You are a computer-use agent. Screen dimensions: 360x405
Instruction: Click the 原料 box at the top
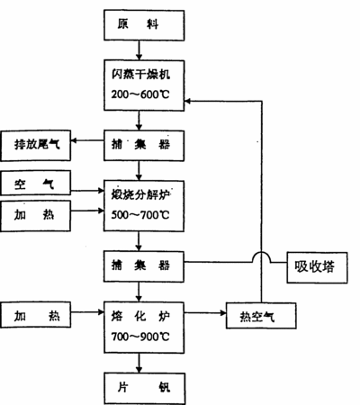click(144, 25)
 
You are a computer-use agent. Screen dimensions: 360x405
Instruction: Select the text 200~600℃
click(140, 94)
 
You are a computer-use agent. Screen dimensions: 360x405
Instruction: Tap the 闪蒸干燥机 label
click(140, 75)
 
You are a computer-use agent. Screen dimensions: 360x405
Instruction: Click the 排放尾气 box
click(36, 146)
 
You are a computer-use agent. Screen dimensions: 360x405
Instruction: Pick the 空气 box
click(36, 183)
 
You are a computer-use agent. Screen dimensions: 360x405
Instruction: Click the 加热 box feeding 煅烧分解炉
click(36, 216)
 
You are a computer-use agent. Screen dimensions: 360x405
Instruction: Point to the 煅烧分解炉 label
click(140, 195)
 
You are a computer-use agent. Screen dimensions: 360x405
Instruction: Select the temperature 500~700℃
click(140, 215)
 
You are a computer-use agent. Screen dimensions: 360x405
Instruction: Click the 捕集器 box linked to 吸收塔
click(144, 266)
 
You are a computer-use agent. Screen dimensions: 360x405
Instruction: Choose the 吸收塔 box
click(317, 267)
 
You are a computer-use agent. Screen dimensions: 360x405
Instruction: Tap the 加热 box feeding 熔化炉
click(36, 315)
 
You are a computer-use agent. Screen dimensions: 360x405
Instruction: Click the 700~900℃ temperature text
click(140, 337)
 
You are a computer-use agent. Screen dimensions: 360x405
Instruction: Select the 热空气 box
click(261, 316)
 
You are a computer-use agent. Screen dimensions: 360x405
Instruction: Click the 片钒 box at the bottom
click(145, 389)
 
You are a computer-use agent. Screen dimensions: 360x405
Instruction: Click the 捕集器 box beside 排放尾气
click(144, 146)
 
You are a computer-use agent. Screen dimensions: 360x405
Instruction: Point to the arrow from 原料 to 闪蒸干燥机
click(139, 50)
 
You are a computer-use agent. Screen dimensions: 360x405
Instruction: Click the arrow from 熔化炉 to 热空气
click(205, 313)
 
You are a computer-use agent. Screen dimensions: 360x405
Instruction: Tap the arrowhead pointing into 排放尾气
click(74, 140)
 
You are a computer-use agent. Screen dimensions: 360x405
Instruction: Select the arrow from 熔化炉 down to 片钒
click(139, 363)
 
